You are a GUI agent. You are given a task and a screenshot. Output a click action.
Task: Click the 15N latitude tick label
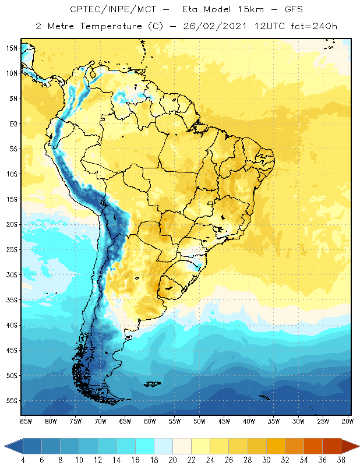[12, 48]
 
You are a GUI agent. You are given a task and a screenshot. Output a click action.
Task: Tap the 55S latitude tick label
[12, 401]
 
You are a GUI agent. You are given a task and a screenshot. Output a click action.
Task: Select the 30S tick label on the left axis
[12, 274]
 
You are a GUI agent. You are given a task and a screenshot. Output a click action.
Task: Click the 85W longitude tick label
[26, 421]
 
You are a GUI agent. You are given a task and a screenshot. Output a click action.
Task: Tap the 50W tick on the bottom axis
[199, 421]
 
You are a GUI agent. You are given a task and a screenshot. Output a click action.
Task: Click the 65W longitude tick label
[125, 421]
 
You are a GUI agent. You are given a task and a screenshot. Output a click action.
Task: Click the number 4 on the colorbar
[23, 460]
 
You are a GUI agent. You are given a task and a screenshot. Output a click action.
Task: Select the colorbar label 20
[173, 460]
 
